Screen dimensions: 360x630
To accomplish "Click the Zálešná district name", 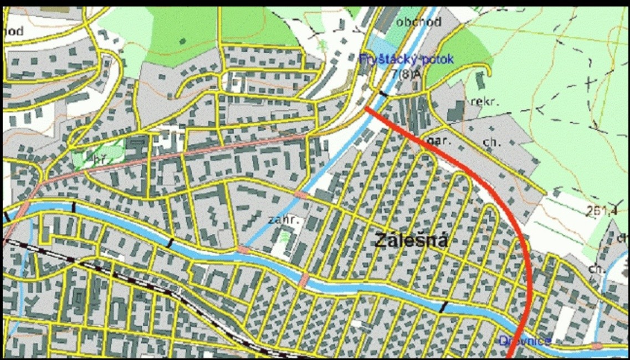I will click(x=411, y=241).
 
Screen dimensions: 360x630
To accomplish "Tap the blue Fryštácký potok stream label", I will click(x=406, y=59).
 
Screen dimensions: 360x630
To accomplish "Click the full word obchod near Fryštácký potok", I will click(x=419, y=22).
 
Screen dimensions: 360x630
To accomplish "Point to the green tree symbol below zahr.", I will click(x=285, y=238).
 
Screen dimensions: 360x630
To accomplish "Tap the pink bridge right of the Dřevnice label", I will click(x=596, y=346).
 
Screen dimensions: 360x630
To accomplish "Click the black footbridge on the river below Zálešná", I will click(x=443, y=307).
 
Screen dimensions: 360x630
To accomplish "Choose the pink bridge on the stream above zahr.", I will click(x=301, y=194).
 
